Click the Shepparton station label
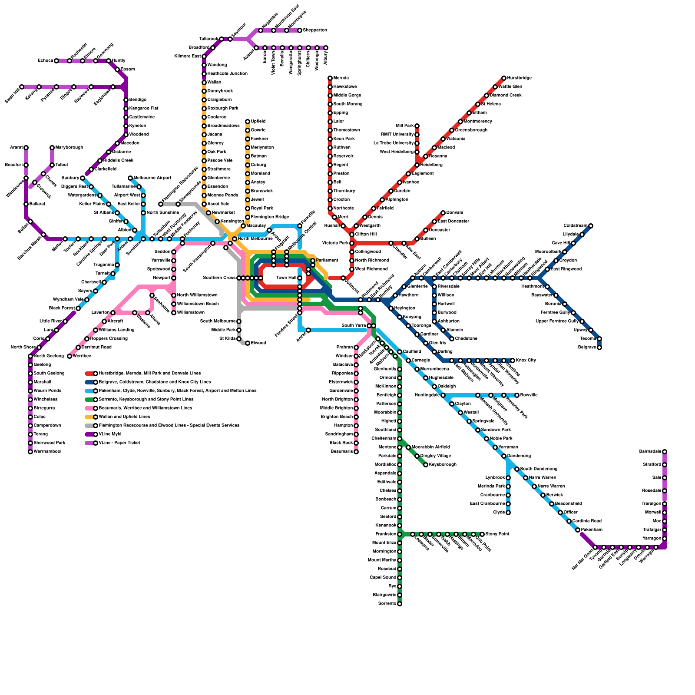pos(315,30)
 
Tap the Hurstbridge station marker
pos(504,78)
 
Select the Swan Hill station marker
pos(22,87)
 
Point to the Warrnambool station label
pos(47,452)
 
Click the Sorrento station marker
pos(400,604)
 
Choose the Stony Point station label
pos(497,534)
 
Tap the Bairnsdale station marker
pos(665,452)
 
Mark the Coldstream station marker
pos(591,226)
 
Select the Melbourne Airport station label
pos(152,178)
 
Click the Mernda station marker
pos(330,78)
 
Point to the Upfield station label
pos(258,122)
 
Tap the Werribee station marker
pos(69,356)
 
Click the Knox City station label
pos(526,361)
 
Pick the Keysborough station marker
pos(426,465)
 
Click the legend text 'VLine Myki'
pos(110,434)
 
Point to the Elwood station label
pos(258,343)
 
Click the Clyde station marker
pos(508,513)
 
